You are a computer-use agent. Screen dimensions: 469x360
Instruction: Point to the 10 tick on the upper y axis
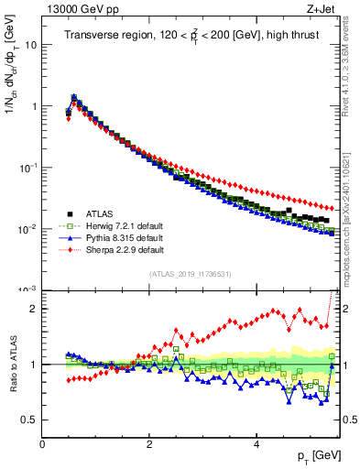(x=30, y=44)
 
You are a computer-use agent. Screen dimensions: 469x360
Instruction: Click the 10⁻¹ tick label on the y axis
(x=28, y=168)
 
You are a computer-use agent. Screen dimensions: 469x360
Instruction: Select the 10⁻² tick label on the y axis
(x=28, y=229)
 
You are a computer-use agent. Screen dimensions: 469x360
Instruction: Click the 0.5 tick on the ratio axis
(x=29, y=420)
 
